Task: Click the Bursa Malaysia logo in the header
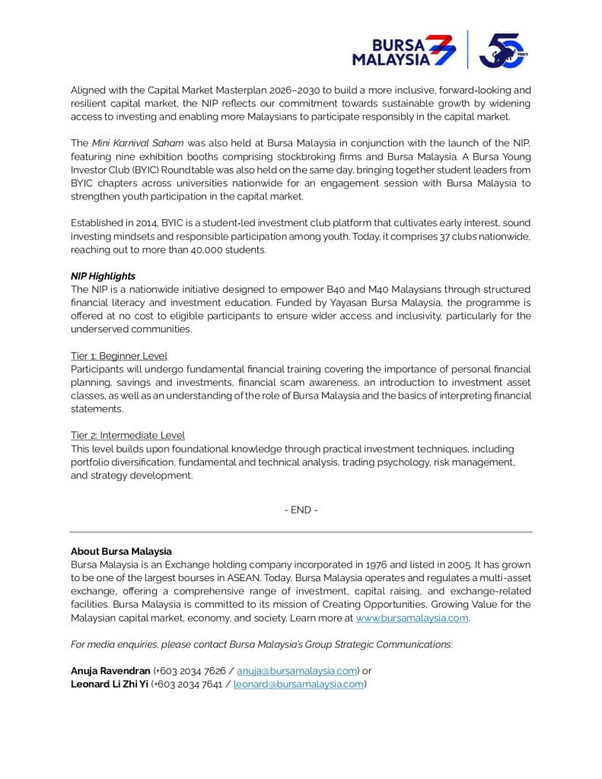(403, 51)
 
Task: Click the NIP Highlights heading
(103, 276)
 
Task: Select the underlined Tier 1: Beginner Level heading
(119, 355)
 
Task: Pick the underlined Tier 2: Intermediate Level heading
(128, 435)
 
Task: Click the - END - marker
(301, 510)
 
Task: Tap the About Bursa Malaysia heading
(121, 552)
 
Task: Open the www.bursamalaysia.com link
(412, 618)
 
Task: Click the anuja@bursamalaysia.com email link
(297, 671)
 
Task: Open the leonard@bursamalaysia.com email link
(298, 684)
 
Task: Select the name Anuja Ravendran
(110, 671)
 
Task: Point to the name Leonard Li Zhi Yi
(110, 684)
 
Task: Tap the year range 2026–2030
(272, 90)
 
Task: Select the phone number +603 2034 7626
(190, 671)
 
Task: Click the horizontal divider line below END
(301, 532)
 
